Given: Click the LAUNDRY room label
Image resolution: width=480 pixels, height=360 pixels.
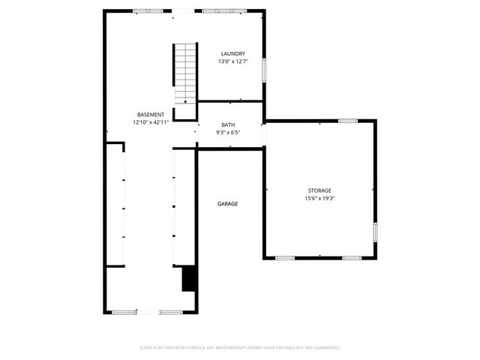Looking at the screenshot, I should pyautogui.click(x=232, y=53).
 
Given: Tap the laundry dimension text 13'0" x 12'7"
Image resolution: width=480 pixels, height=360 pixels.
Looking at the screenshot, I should pyautogui.click(x=232, y=61).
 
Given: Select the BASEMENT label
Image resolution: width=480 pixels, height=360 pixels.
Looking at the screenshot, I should pyautogui.click(x=150, y=114).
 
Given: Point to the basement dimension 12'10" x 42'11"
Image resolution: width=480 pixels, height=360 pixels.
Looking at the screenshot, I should pyautogui.click(x=150, y=122).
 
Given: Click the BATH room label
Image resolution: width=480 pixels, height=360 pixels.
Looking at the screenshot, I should pyautogui.click(x=228, y=124).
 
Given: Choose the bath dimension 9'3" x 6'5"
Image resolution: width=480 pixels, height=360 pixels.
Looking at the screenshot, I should pyautogui.click(x=228, y=133).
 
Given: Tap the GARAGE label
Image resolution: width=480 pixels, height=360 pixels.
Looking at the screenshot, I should pyautogui.click(x=227, y=204).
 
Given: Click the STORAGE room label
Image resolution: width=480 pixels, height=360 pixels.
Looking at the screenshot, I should pyautogui.click(x=319, y=190).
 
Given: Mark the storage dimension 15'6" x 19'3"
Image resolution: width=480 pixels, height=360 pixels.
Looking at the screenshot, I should pyautogui.click(x=319, y=199).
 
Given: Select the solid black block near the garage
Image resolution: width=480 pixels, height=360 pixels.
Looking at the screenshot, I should pyautogui.click(x=190, y=278).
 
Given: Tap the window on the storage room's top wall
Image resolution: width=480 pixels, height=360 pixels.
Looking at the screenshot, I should pyautogui.click(x=347, y=120).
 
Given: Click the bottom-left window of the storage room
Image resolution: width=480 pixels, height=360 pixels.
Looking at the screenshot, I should pyautogui.click(x=284, y=258).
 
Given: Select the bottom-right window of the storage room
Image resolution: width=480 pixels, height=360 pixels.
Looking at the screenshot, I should pyautogui.click(x=352, y=258).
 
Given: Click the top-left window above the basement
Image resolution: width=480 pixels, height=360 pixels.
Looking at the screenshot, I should pyautogui.click(x=142, y=10).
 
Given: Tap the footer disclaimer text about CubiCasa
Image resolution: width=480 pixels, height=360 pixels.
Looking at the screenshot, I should pyautogui.click(x=240, y=348).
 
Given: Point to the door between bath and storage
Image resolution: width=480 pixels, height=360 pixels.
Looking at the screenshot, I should pyautogui.click(x=264, y=133).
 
